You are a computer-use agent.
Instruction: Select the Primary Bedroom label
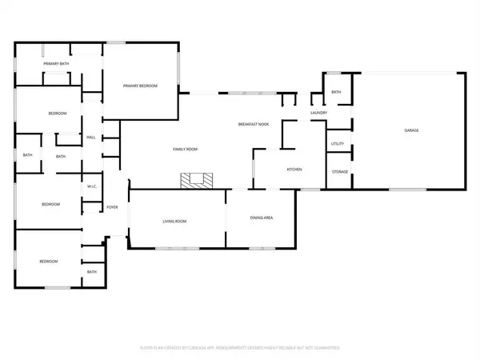point(138,86)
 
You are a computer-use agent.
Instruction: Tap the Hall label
point(91,138)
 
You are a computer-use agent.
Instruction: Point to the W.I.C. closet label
point(92,186)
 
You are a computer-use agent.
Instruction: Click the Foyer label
point(113,207)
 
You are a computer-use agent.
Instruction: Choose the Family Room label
point(186,150)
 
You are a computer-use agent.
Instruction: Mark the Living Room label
point(175,221)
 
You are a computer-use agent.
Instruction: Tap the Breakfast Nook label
point(253,125)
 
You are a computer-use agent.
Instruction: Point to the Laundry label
point(319,113)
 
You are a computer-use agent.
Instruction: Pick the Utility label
point(338,144)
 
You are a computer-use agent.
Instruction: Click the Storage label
point(339,172)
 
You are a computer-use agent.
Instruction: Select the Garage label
point(411,130)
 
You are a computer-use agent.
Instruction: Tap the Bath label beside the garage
point(336,92)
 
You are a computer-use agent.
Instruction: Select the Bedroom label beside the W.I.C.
point(51,205)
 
